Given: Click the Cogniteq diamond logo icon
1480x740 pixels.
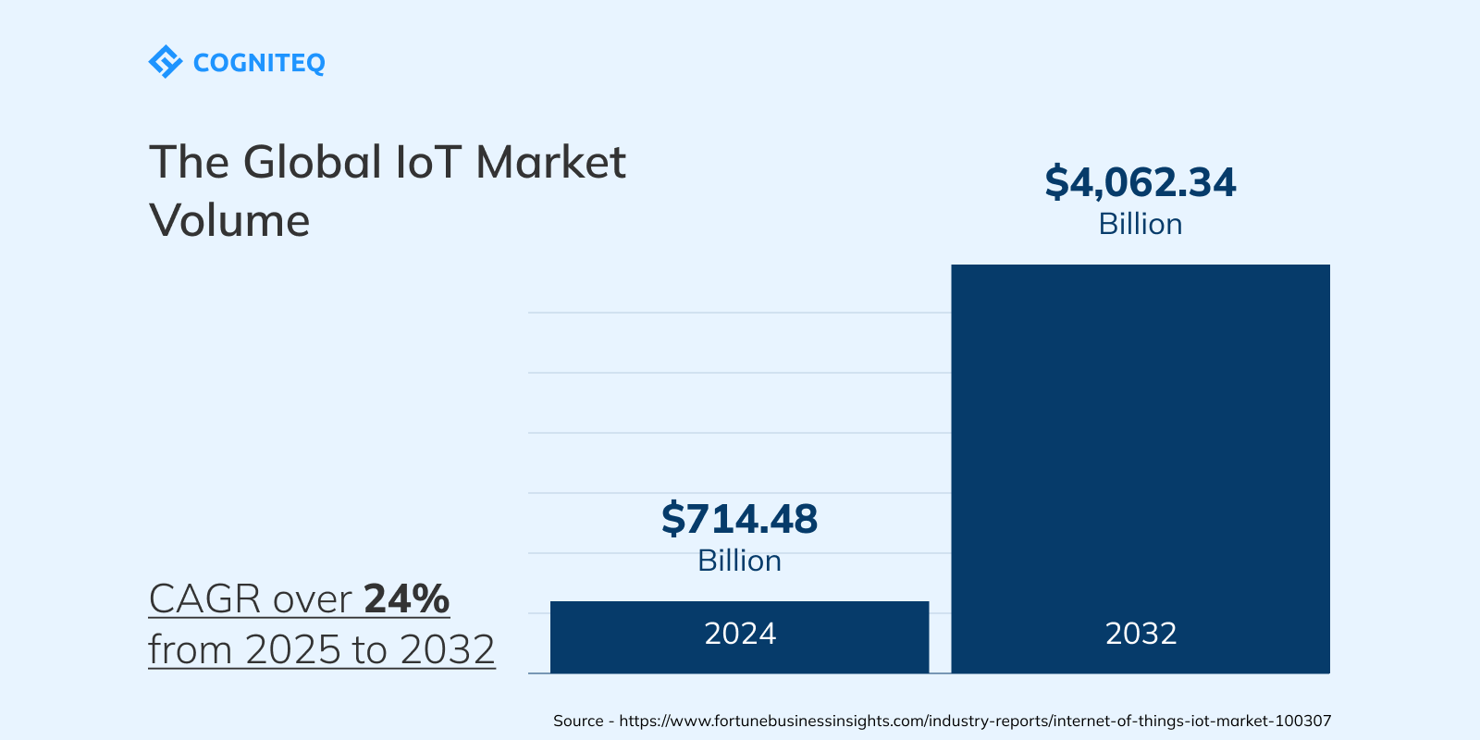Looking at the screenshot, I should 165,62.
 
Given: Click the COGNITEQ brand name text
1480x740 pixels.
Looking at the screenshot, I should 259,63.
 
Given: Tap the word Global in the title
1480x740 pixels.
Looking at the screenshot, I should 312,163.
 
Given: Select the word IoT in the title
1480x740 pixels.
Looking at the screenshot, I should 428,163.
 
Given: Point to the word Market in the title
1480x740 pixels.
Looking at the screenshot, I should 550,163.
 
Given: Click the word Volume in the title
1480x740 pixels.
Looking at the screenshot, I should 229,221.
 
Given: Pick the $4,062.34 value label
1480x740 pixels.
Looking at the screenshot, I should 1140,182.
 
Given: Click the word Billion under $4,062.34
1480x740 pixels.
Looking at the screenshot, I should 1140,225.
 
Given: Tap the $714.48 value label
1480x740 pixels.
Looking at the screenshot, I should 739,519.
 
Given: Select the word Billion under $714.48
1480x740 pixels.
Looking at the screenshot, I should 739,561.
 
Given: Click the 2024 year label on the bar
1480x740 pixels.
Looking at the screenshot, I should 740,634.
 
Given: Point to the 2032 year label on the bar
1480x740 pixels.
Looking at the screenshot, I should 1141,634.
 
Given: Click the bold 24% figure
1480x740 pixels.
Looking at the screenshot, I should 406,599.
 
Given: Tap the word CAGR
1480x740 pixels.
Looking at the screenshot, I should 204,599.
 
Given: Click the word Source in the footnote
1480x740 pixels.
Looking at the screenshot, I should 578,721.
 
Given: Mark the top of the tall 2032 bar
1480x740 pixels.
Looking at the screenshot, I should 1141,267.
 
